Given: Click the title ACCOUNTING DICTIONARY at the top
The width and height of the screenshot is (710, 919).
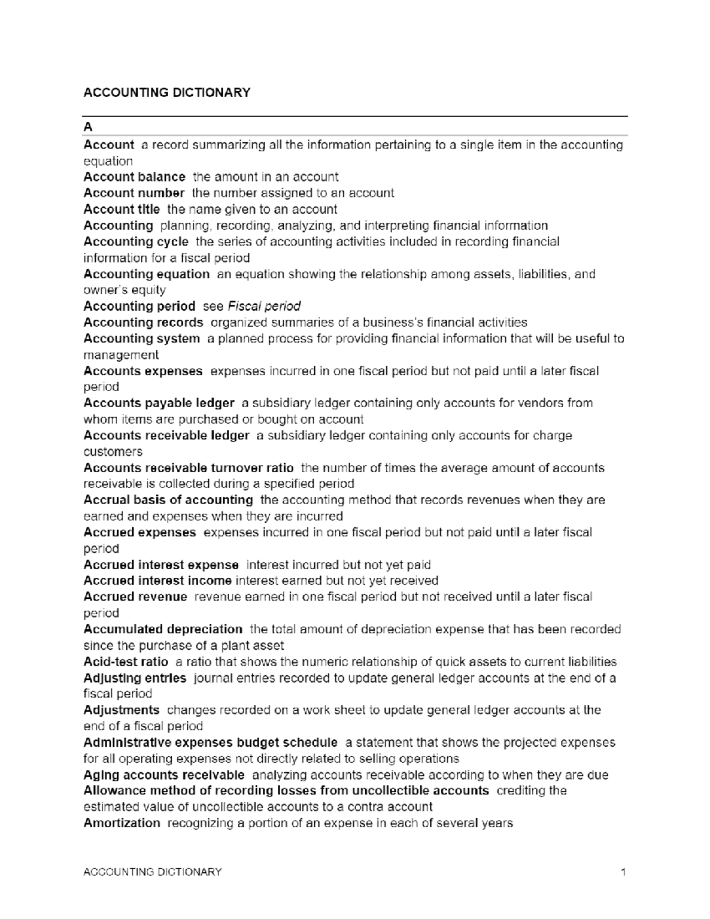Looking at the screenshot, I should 167,92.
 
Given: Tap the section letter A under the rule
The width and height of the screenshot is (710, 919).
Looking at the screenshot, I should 88,127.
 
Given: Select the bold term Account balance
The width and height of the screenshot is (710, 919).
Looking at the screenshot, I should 134,177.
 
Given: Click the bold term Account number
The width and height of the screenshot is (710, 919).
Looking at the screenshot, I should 134,193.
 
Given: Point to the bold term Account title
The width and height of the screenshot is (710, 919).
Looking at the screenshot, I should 121,209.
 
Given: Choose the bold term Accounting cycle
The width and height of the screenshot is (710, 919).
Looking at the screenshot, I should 136,241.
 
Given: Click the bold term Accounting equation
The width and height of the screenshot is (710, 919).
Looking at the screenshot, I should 147,274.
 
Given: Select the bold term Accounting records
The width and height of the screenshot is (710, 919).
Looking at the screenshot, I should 143,323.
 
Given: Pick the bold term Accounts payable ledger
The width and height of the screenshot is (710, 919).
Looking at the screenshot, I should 159,403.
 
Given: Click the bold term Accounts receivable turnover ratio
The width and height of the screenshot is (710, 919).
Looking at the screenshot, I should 189,467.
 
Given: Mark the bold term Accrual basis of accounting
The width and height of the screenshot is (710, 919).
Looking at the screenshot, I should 168,500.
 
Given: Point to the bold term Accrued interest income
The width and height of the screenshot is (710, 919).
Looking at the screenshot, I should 157,581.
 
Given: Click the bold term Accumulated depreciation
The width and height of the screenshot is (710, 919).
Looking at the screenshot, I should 163,629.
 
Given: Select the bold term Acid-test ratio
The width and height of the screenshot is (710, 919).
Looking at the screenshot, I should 126,662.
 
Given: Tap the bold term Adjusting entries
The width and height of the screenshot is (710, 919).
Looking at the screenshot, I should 135,678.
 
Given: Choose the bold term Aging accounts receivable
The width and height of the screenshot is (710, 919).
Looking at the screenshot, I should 164,775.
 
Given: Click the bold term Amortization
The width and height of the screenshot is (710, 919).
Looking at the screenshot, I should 122,823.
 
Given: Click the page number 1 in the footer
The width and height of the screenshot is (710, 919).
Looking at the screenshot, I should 623,872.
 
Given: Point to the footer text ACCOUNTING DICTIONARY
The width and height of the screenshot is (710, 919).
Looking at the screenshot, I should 153,872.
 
